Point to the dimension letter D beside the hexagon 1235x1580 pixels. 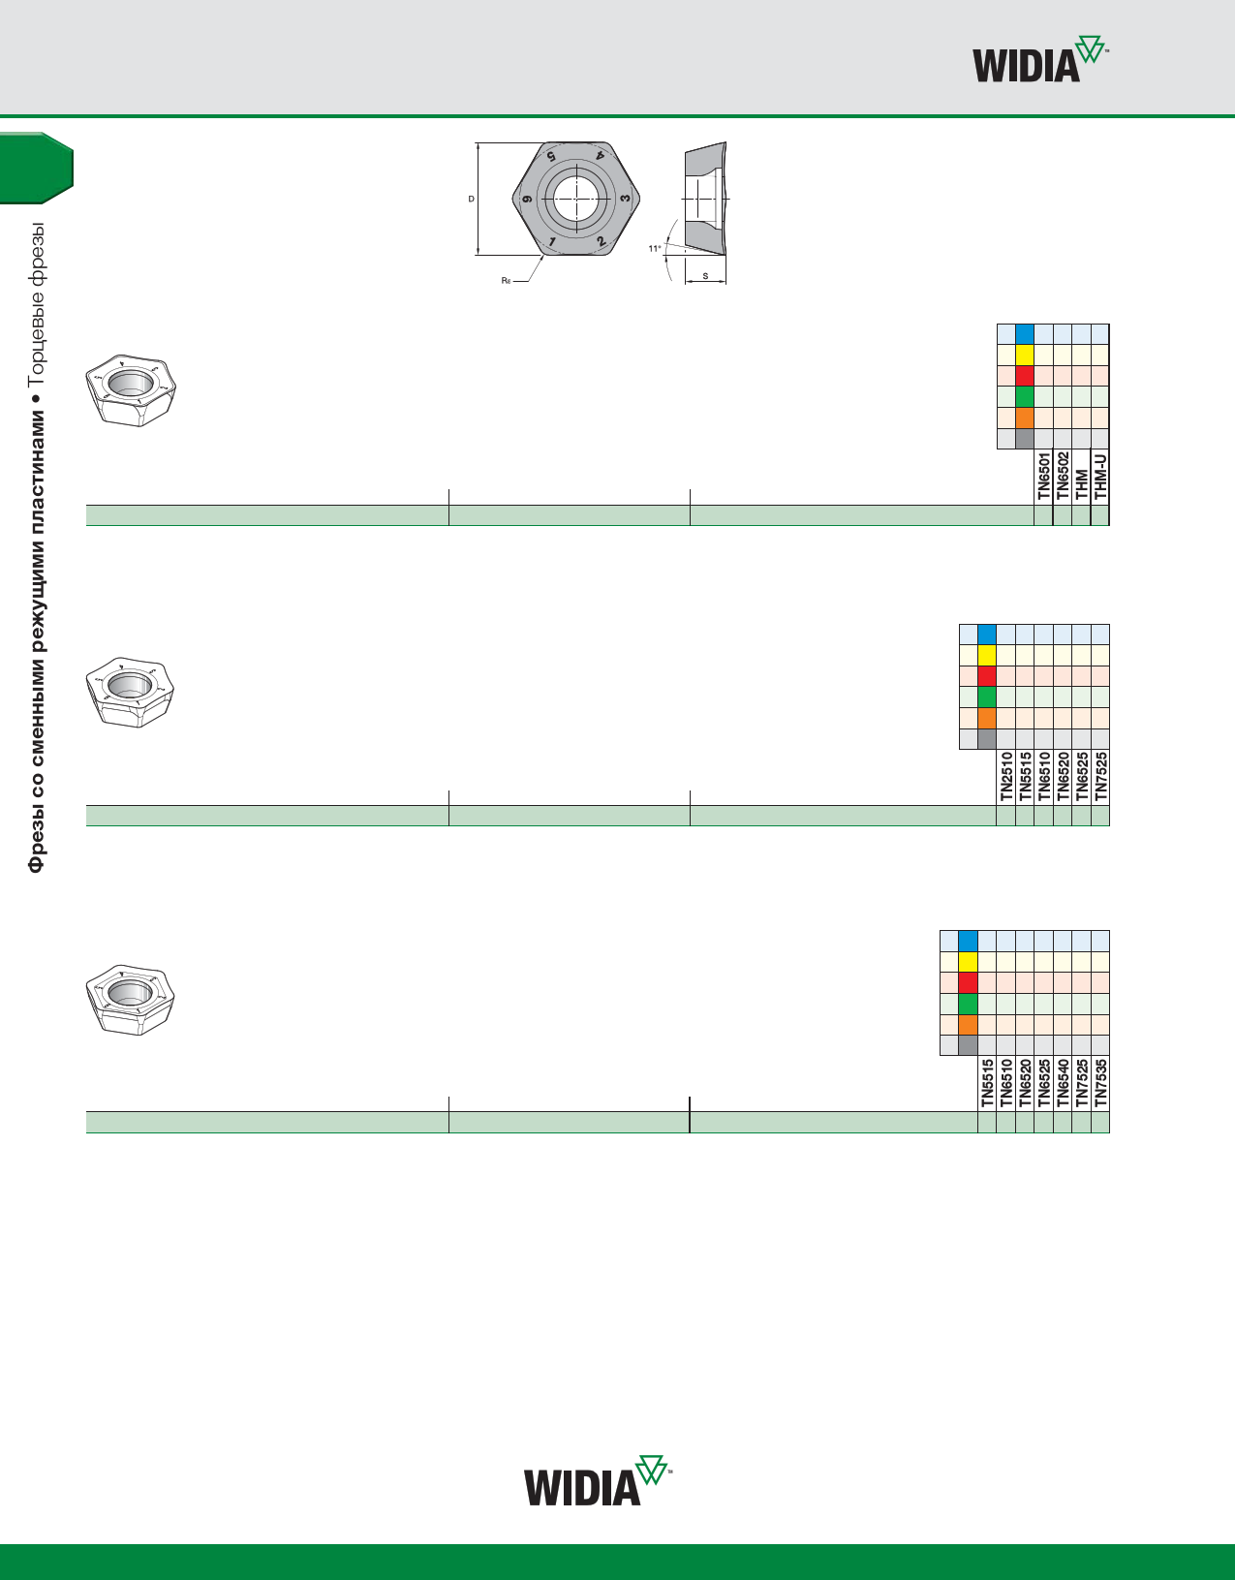pyautogui.click(x=471, y=200)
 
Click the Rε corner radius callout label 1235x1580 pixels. pyautogui.click(x=506, y=280)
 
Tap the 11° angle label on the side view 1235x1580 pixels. pyautogui.click(x=654, y=249)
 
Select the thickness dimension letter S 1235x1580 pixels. pyautogui.click(x=705, y=276)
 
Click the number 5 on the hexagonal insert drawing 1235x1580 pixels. pyautogui.click(x=551, y=156)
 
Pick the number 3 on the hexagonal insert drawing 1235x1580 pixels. pyautogui.click(x=625, y=199)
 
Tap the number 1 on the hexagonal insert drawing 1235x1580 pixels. pyautogui.click(x=550, y=241)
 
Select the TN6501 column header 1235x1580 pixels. pyautogui.click(x=1043, y=476)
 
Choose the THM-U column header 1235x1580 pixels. pyautogui.click(x=1099, y=476)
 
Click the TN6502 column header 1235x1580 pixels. pyautogui.click(x=1063, y=476)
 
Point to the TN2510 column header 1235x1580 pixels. pyautogui.click(x=1005, y=776)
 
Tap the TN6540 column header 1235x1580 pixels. pyautogui.click(x=1063, y=1082)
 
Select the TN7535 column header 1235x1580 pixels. pyautogui.click(x=1100, y=1082)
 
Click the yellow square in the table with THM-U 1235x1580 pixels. pyautogui.click(x=1025, y=355)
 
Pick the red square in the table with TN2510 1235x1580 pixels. pyautogui.click(x=987, y=676)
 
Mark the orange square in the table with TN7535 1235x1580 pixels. pyautogui.click(x=968, y=1025)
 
